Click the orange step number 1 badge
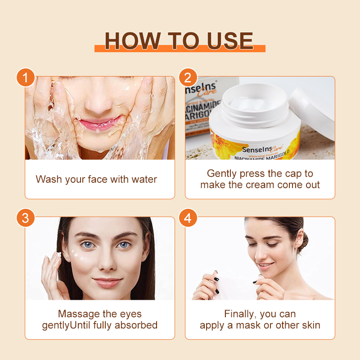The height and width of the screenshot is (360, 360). [x=26, y=77]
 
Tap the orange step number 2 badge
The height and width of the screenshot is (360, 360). [x=188, y=77]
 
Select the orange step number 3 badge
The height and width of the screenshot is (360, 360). [x=26, y=218]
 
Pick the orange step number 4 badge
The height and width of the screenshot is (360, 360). [x=188, y=218]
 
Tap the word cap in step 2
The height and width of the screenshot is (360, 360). [x=293, y=174]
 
